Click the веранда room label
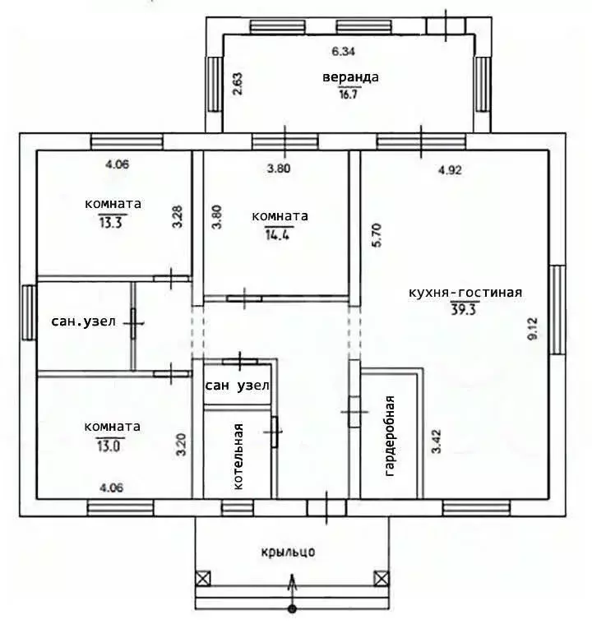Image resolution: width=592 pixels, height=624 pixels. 350,77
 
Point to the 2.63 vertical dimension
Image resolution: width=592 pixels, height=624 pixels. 238,85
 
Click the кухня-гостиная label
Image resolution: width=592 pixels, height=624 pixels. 465,292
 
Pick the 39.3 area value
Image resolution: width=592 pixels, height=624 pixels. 465,308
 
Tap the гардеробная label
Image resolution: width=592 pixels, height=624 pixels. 391,437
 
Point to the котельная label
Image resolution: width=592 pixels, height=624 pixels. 238,456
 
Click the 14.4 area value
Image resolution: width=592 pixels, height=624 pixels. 280,233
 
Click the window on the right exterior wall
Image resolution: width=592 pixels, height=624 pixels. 557,306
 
